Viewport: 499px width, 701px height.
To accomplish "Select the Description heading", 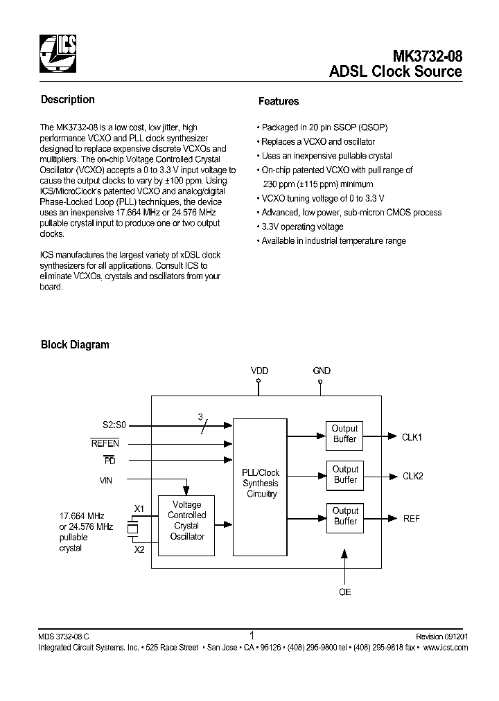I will [67, 100].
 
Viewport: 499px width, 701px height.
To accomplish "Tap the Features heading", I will [278, 101].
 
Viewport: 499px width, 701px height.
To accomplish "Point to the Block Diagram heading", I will [75, 344].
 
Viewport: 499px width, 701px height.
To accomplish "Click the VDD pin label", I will [259, 371].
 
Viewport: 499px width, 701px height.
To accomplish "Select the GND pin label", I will [322, 371].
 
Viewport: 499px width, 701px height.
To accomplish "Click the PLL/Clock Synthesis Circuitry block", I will [261, 483].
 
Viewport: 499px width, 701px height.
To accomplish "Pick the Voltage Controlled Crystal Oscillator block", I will [186, 520].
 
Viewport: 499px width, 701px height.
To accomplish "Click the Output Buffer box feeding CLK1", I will [344, 434].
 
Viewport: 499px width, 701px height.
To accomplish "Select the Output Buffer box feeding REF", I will [344, 516].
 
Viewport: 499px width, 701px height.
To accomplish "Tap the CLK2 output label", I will [412, 476].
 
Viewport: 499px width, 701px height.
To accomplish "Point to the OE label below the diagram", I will [344, 592].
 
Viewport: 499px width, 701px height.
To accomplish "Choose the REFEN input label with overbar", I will [105, 443].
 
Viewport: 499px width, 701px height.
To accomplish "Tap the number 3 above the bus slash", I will [201, 417].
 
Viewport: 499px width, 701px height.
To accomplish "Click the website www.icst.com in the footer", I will [445, 648].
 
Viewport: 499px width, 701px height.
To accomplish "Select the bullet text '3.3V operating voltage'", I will [302, 227].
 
